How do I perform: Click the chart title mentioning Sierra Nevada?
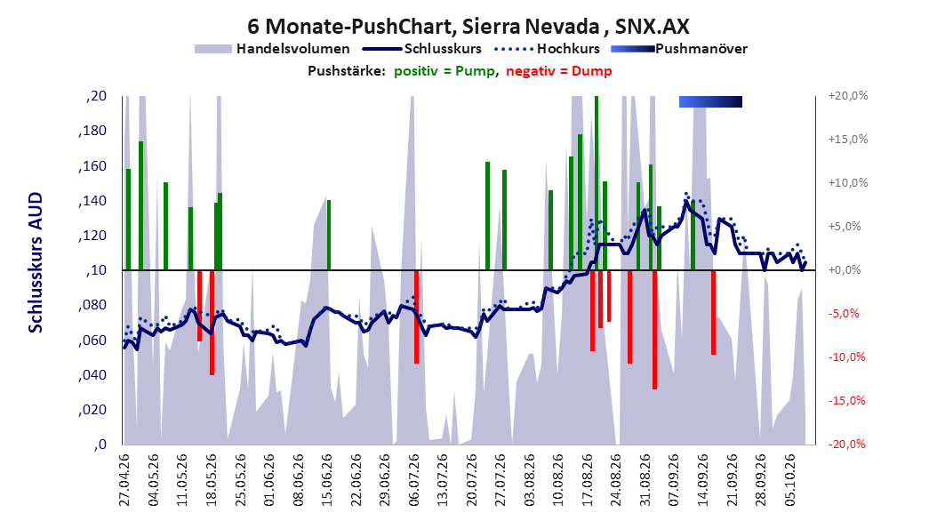[x=468, y=27]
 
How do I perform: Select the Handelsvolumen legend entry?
[x=272, y=49]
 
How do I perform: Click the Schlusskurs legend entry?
[x=422, y=49]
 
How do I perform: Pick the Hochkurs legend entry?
[x=548, y=49]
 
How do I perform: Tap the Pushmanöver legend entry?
[x=679, y=49]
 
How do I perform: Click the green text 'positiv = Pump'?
[x=444, y=71]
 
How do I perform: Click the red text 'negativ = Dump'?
[x=559, y=71]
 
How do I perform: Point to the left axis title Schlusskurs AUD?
[x=36, y=262]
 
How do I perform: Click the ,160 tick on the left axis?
[x=92, y=165]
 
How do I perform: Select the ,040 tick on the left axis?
[x=92, y=374]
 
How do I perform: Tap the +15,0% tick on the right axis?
[x=848, y=140]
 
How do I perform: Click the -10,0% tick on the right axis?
[x=848, y=357]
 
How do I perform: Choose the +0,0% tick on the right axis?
[x=845, y=270]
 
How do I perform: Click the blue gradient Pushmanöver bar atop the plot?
[x=710, y=101]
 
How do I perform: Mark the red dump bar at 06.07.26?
[x=417, y=317]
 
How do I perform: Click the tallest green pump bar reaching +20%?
[x=597, y=183]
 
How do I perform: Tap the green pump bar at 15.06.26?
[x=329, y=235]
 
